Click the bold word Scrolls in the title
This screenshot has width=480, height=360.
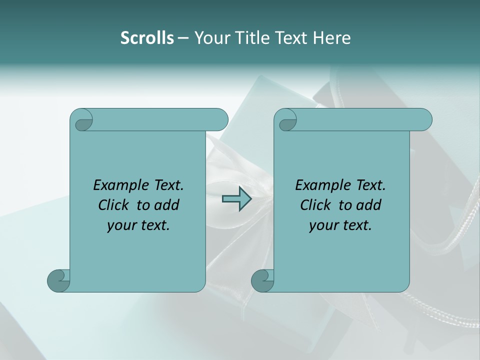(x=147, y=38)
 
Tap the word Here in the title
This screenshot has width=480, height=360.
(x=332, y=38)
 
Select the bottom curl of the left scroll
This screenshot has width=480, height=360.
(x=58, y=280)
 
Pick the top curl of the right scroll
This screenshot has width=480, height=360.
(x=286, y=120)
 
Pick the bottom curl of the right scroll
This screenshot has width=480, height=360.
(x=262, y=280)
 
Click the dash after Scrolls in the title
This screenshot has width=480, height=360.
(x=183, y=38)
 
